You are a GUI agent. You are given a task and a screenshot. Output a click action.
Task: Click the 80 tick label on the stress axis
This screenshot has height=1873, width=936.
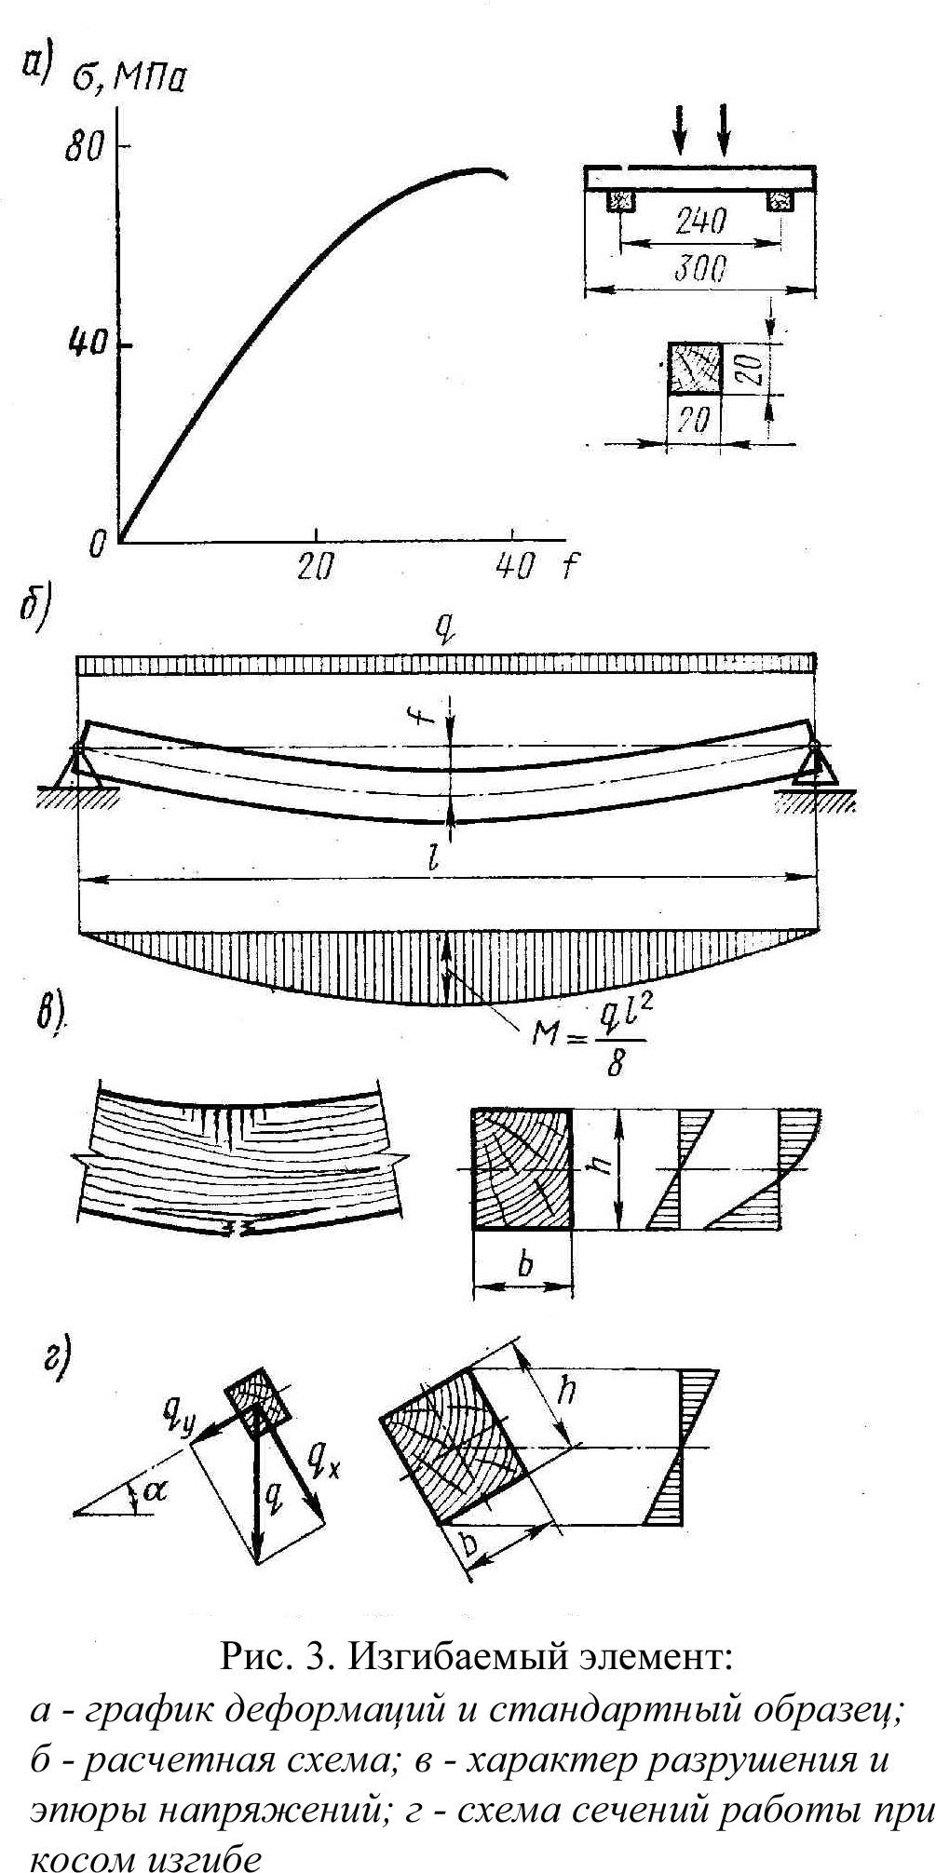point(82,148)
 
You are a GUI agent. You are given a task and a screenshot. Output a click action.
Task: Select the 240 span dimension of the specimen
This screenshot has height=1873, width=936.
point(699,222)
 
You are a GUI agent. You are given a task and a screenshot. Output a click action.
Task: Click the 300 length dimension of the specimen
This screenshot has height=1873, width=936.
point(699,269)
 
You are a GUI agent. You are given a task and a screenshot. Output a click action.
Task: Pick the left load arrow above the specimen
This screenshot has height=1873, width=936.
point(682,128)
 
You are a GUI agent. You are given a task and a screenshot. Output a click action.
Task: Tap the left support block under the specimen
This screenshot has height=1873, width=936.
point(620,200)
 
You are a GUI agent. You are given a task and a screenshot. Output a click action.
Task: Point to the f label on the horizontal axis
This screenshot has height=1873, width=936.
point(569,565)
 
